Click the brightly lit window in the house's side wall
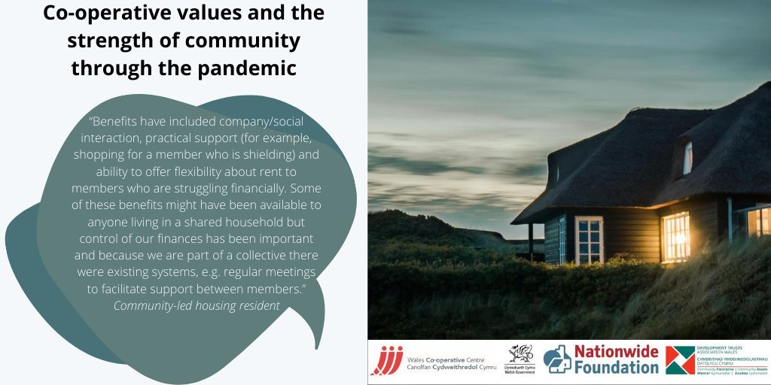tap(675, 236)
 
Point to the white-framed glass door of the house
tap(589, 240)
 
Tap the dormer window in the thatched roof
tap(687, 158)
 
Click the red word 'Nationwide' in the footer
tap(616, 352)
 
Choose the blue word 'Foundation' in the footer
tap(616, 368)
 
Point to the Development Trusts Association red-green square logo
tap(680, 360)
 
